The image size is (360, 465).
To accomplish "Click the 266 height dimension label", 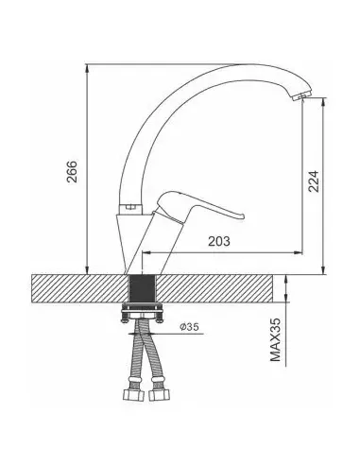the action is (x=72, y=171).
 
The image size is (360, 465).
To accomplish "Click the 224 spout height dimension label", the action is (x=314, y=181).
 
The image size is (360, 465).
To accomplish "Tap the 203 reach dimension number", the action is (x=219, y=241).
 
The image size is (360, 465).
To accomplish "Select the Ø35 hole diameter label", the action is (x=189, y=327).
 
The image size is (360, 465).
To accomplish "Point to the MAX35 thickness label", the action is (x=275, y=340).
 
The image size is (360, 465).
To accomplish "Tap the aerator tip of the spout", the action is (x=301, y=96).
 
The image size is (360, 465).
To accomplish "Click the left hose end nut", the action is (x=133, y=394).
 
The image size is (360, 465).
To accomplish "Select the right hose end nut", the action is (x=159, y=394).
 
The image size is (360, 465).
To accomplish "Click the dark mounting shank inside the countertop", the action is (x=143, y=288).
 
